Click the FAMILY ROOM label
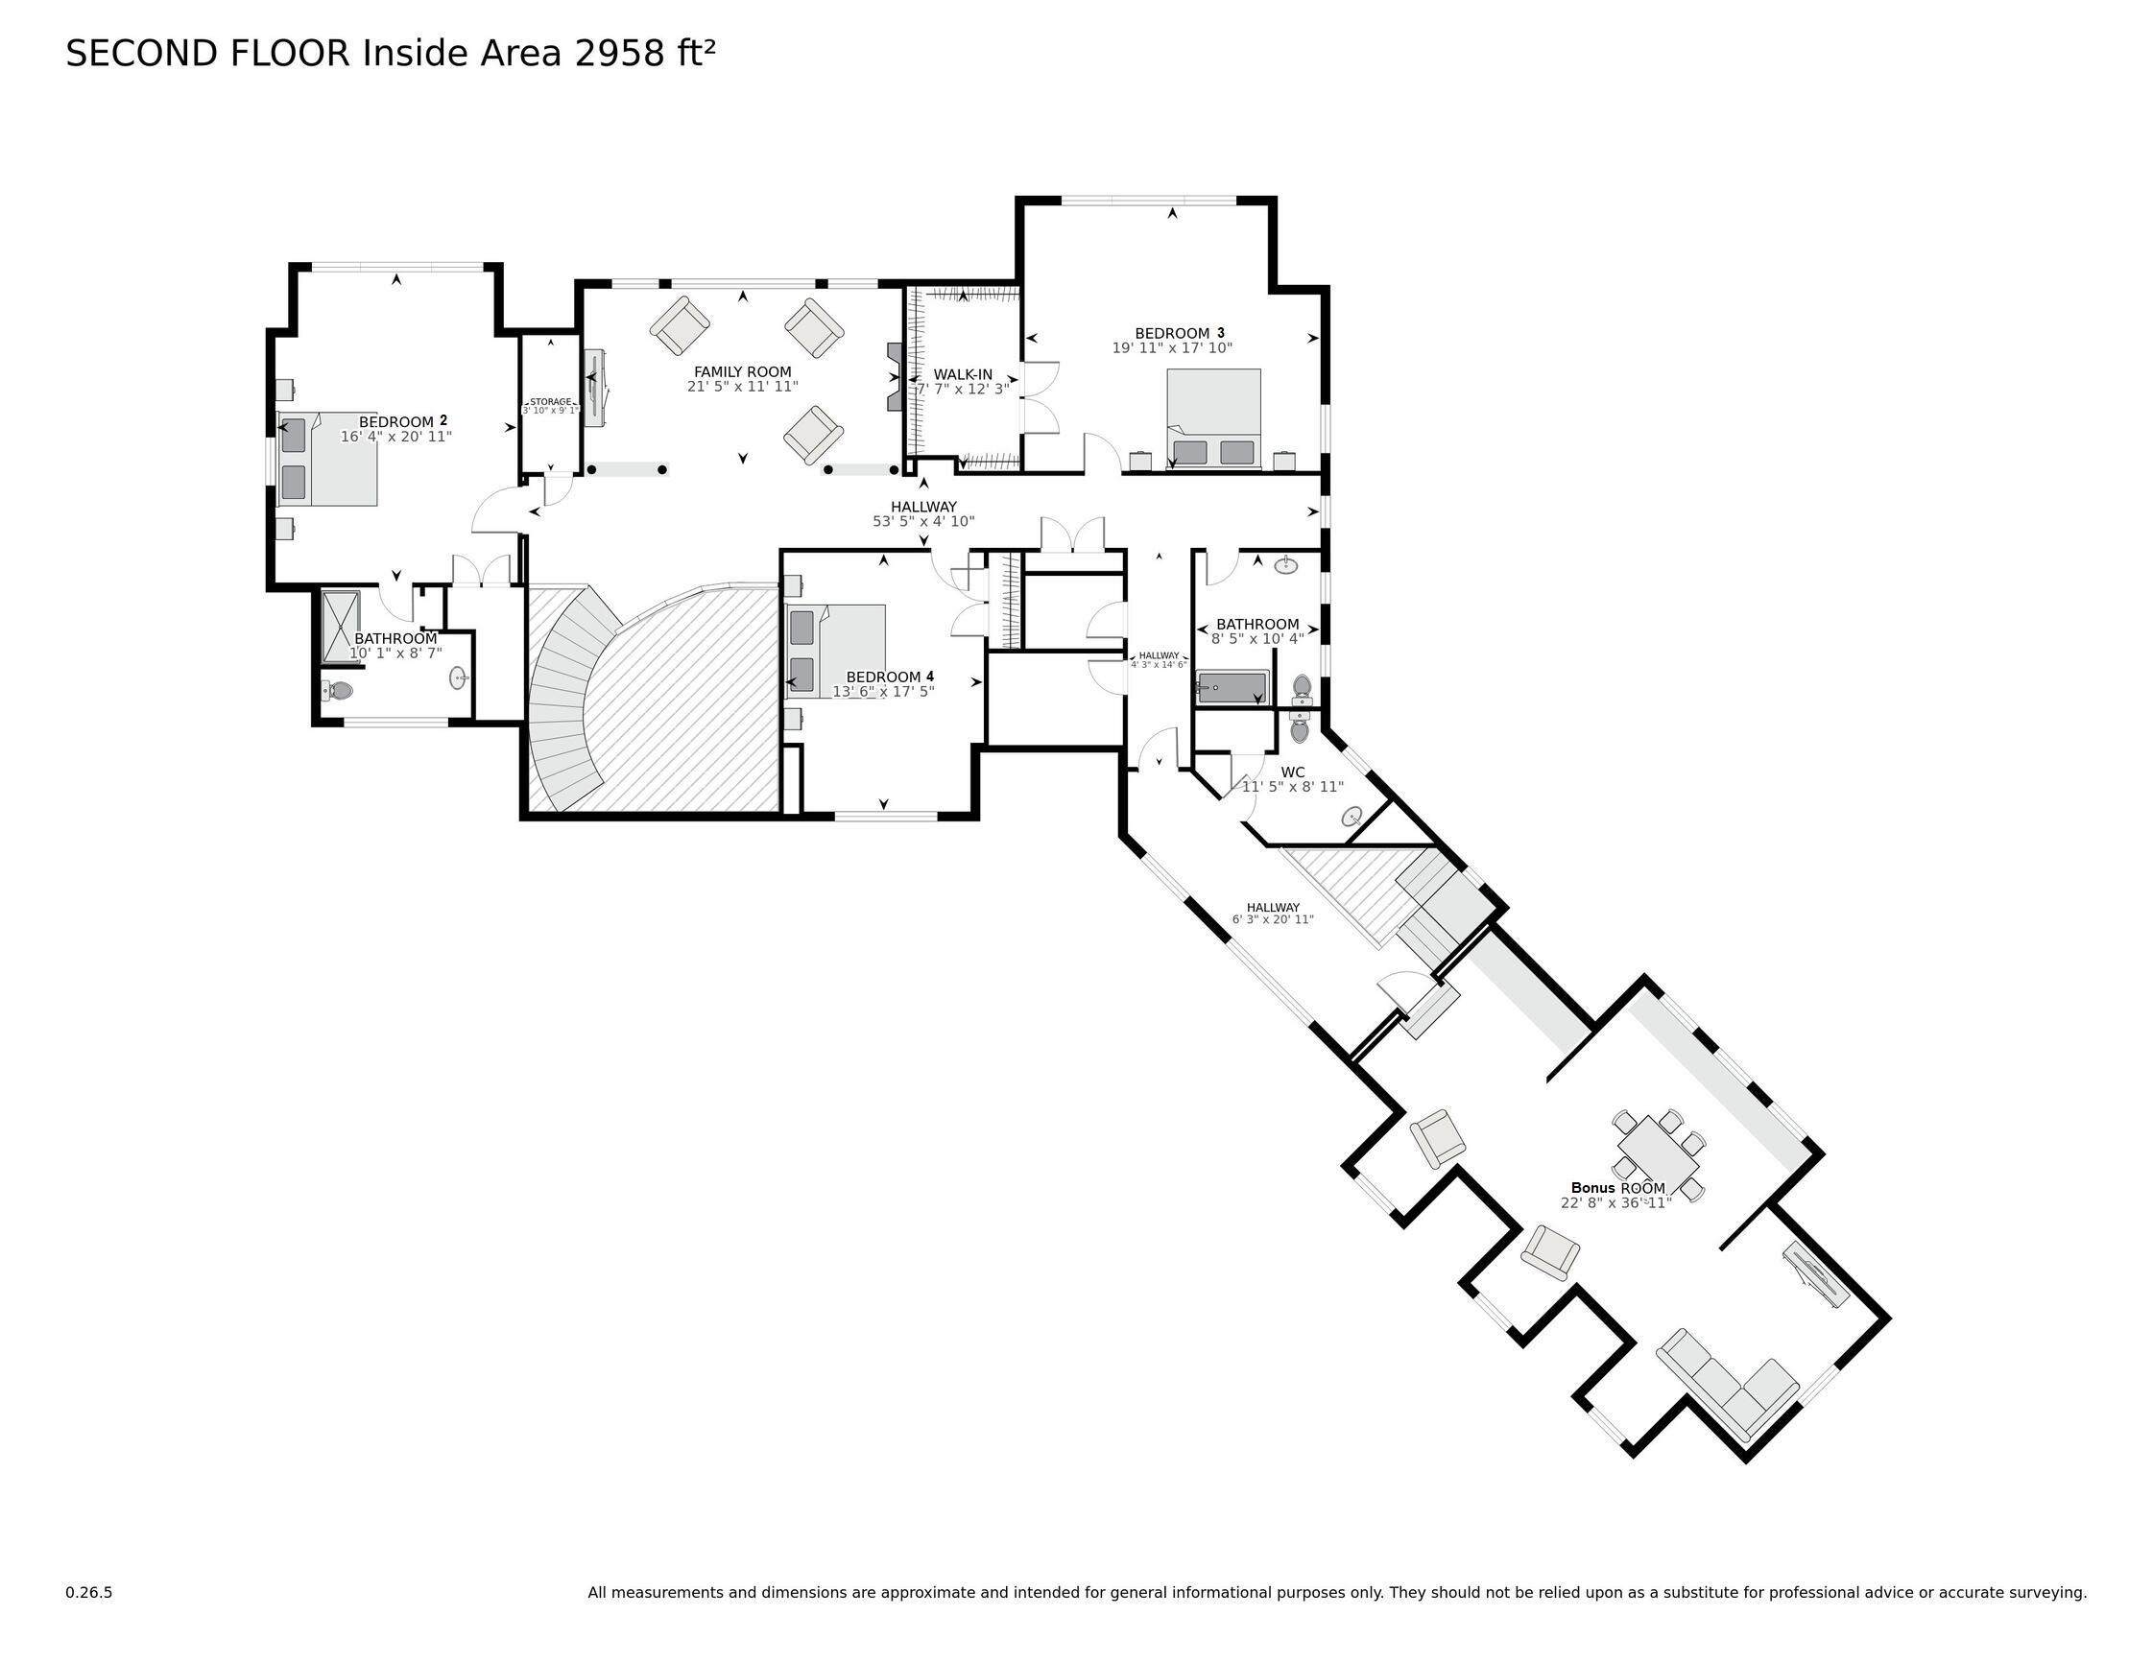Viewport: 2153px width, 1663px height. point(742,371)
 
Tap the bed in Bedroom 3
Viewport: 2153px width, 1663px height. point(1213,418)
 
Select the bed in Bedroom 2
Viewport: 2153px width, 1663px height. point(328,460)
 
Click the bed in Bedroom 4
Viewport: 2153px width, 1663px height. point(836,651)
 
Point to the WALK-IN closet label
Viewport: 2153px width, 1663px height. point(962,374)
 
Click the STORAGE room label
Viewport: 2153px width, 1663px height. point(550,402)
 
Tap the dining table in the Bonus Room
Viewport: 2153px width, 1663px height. point(1659,1155)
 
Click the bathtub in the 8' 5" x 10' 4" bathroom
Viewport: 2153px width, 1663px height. point(1232,687)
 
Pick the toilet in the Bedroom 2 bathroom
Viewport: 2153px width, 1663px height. point(336,690)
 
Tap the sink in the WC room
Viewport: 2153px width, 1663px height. point(1352,817)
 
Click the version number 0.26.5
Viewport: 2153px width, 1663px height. point(88,1592)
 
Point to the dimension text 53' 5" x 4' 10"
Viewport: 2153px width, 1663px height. point(923,521)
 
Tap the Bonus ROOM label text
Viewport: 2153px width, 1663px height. point(1617,1188)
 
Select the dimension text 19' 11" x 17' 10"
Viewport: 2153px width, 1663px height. point(1172,348)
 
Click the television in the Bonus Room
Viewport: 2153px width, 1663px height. point(1815,1277)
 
